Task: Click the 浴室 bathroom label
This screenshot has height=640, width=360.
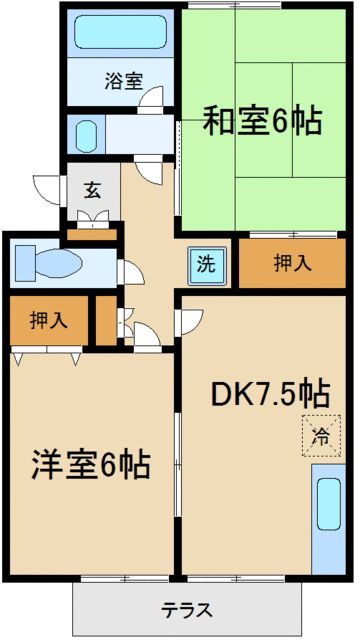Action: click(x=124, y=81)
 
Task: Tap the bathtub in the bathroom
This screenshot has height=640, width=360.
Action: click(x=121, y=32)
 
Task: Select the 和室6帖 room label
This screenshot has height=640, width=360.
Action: click(x=263, y=120)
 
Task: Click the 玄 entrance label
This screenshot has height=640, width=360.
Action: click(x=93, y=191)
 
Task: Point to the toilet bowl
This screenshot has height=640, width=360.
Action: click(x=59, y=263)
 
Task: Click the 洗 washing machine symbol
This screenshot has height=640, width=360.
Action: click(x=207, y=265)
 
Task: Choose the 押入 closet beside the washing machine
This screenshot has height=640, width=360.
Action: click(x=292, y=263)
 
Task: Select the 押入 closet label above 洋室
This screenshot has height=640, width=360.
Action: click(x=49, y=321)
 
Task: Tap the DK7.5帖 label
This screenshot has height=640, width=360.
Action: click(x=270, y=393)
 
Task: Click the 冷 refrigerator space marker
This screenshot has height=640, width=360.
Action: click(x=322, y=436)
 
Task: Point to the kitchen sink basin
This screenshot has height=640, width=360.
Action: click(x=329, y=504)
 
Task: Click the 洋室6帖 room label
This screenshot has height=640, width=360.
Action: click(x=91, y=464)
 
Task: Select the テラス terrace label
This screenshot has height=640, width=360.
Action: click(x=187, y=610)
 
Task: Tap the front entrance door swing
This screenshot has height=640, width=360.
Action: click(x=48, y=190)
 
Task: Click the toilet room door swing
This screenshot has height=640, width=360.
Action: click(x=131, y=272)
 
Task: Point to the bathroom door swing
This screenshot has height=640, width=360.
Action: click(x=151, y=100)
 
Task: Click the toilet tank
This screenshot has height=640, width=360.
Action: click(x=25, y=263)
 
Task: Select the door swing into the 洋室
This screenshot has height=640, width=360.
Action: click(x=147, y=336)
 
